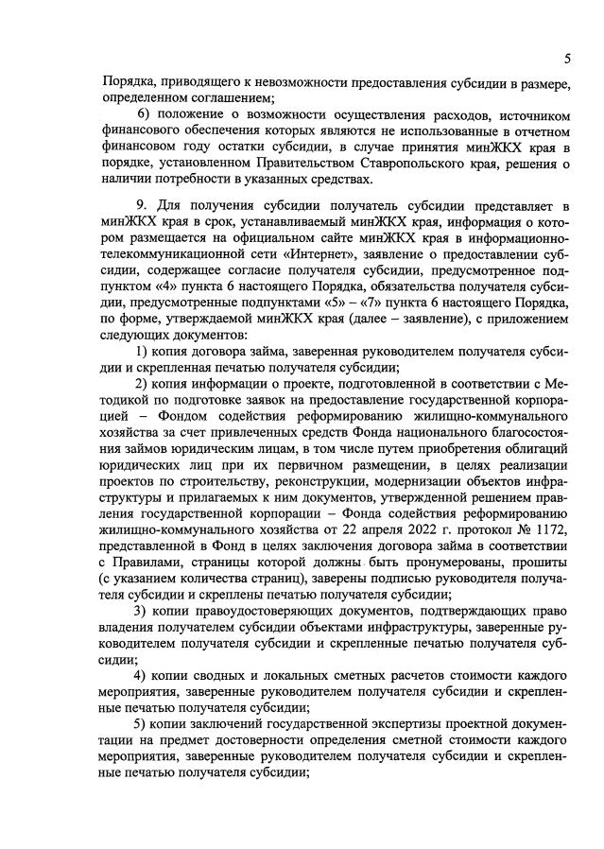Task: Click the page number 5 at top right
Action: click(x=567, y=59)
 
